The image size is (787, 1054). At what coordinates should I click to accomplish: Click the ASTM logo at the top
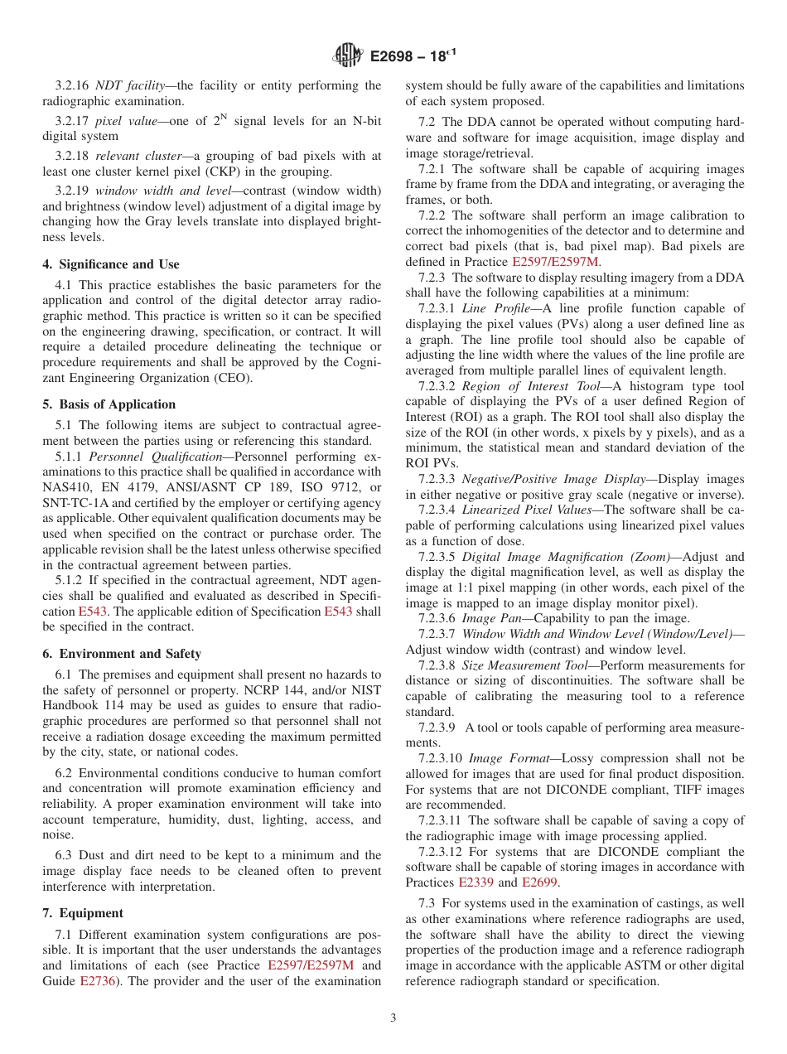tap(347, 56)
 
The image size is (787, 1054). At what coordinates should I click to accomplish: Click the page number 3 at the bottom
tap(393, 1018)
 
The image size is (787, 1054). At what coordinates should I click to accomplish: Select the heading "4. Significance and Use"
tap(111, 264)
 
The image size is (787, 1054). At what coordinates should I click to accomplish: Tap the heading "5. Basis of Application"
tap(109, 404)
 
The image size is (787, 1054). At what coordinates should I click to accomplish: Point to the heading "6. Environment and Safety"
tap(122, 654)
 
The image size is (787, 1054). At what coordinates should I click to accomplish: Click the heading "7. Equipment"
tap(83, 913)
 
